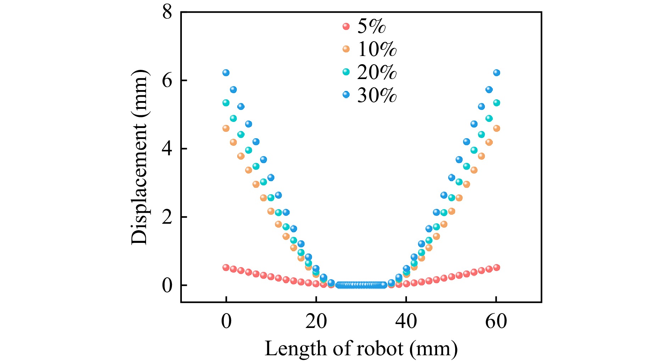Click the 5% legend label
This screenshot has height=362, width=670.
point(371,26)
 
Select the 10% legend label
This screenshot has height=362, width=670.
point(377,49)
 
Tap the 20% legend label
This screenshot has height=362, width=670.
point(377,72)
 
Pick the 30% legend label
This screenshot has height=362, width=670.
point(377,95)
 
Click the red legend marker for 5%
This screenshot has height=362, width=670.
point(346,26)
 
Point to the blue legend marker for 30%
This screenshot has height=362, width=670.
point(346,95)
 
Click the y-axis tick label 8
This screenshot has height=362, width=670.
point(167,12)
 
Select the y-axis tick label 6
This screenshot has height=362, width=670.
point(167,80)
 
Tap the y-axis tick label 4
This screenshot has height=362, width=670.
point(167,149)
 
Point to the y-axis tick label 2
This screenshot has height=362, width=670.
point(167,217)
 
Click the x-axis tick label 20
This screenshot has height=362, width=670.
point(316,322)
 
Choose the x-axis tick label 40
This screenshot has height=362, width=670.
point(406,322)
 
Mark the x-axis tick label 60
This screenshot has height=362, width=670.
point(496,322)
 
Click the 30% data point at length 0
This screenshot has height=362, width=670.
point(226,73)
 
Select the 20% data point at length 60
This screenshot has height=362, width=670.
point(496,103)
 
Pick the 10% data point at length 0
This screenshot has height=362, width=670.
point(226,128)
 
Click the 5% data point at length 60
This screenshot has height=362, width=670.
point(496,268)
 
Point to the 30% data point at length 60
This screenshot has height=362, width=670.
point(496,73)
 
